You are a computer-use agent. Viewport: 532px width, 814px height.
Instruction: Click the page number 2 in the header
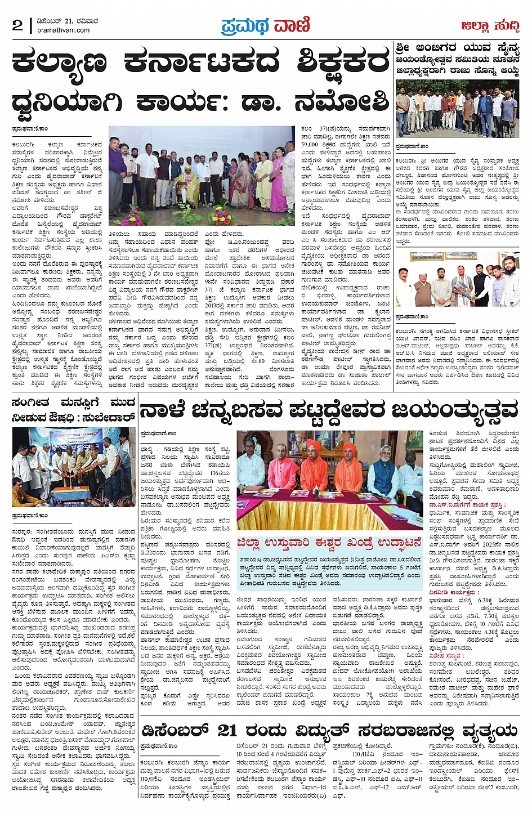point(17,25)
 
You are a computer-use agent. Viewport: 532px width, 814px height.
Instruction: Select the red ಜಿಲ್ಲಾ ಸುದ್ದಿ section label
point(489,26)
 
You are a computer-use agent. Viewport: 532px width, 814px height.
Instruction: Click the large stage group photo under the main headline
point(202,176)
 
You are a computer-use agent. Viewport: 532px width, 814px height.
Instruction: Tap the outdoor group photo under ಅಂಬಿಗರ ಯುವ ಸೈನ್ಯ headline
point(457,109)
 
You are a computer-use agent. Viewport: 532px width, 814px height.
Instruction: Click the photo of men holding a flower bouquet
point(457,279)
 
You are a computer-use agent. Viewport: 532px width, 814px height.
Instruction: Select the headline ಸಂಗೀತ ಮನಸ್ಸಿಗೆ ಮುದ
point(73,403)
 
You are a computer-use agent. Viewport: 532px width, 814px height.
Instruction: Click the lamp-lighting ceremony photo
point(74,467)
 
